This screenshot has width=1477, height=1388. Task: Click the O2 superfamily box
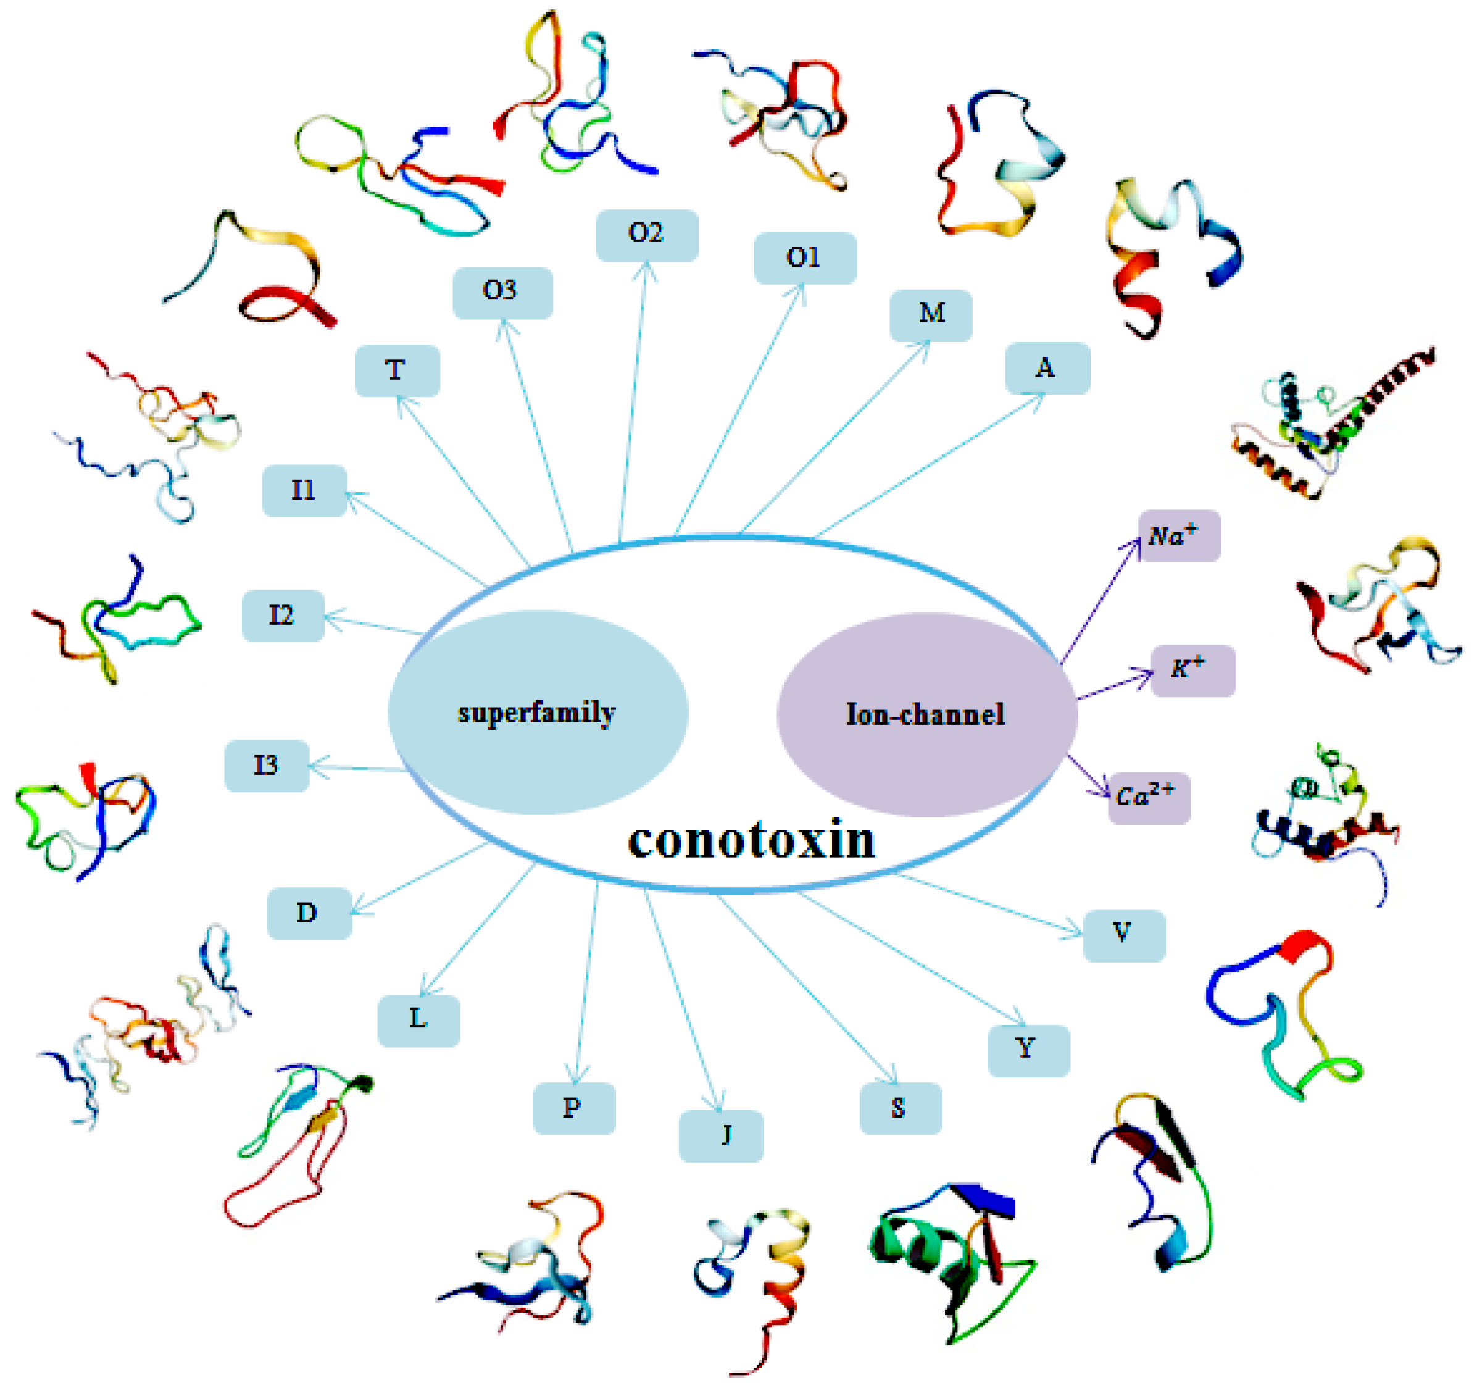tap(646, 235)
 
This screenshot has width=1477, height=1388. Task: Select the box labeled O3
tap(502, 293)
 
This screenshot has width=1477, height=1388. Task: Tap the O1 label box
tap(805, 258)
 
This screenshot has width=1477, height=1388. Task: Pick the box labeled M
tap(930, 315)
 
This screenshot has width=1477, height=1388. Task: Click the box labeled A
tap(1047, 368)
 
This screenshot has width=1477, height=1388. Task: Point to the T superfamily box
tap(397, 370)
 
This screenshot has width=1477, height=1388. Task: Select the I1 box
tap(304, 490)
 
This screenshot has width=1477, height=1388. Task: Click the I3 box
tap(267, 766)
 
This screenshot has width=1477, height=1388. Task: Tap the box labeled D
tap(309, 913)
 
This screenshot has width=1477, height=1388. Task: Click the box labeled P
tap(573, 1108)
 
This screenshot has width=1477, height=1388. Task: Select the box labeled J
tap(721, 1135)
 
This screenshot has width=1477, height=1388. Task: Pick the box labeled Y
tap(1028, 1050)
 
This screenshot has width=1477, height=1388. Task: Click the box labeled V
tap(1123, 935)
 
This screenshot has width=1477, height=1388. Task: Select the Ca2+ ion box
tap(1149, 798)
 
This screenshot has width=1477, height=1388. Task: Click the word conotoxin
tap(751, 840)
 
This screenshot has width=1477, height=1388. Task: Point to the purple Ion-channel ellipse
tap(926, 714)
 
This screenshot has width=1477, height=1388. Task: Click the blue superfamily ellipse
tap(538, 712)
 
